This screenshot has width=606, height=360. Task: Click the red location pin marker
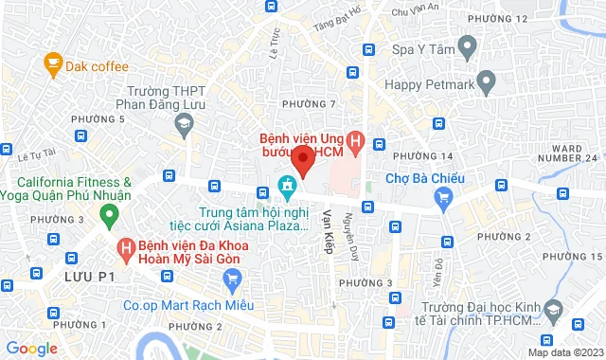point(301,159)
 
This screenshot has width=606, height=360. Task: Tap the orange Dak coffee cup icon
point(53,64)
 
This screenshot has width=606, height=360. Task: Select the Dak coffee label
point(97,66)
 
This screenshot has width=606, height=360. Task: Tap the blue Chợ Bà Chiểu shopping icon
point(442,196)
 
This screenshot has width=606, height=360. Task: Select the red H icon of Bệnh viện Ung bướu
point(355,144)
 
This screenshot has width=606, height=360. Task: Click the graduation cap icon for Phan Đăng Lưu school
point(182,122)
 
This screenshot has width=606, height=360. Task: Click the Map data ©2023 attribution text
point(563,352)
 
